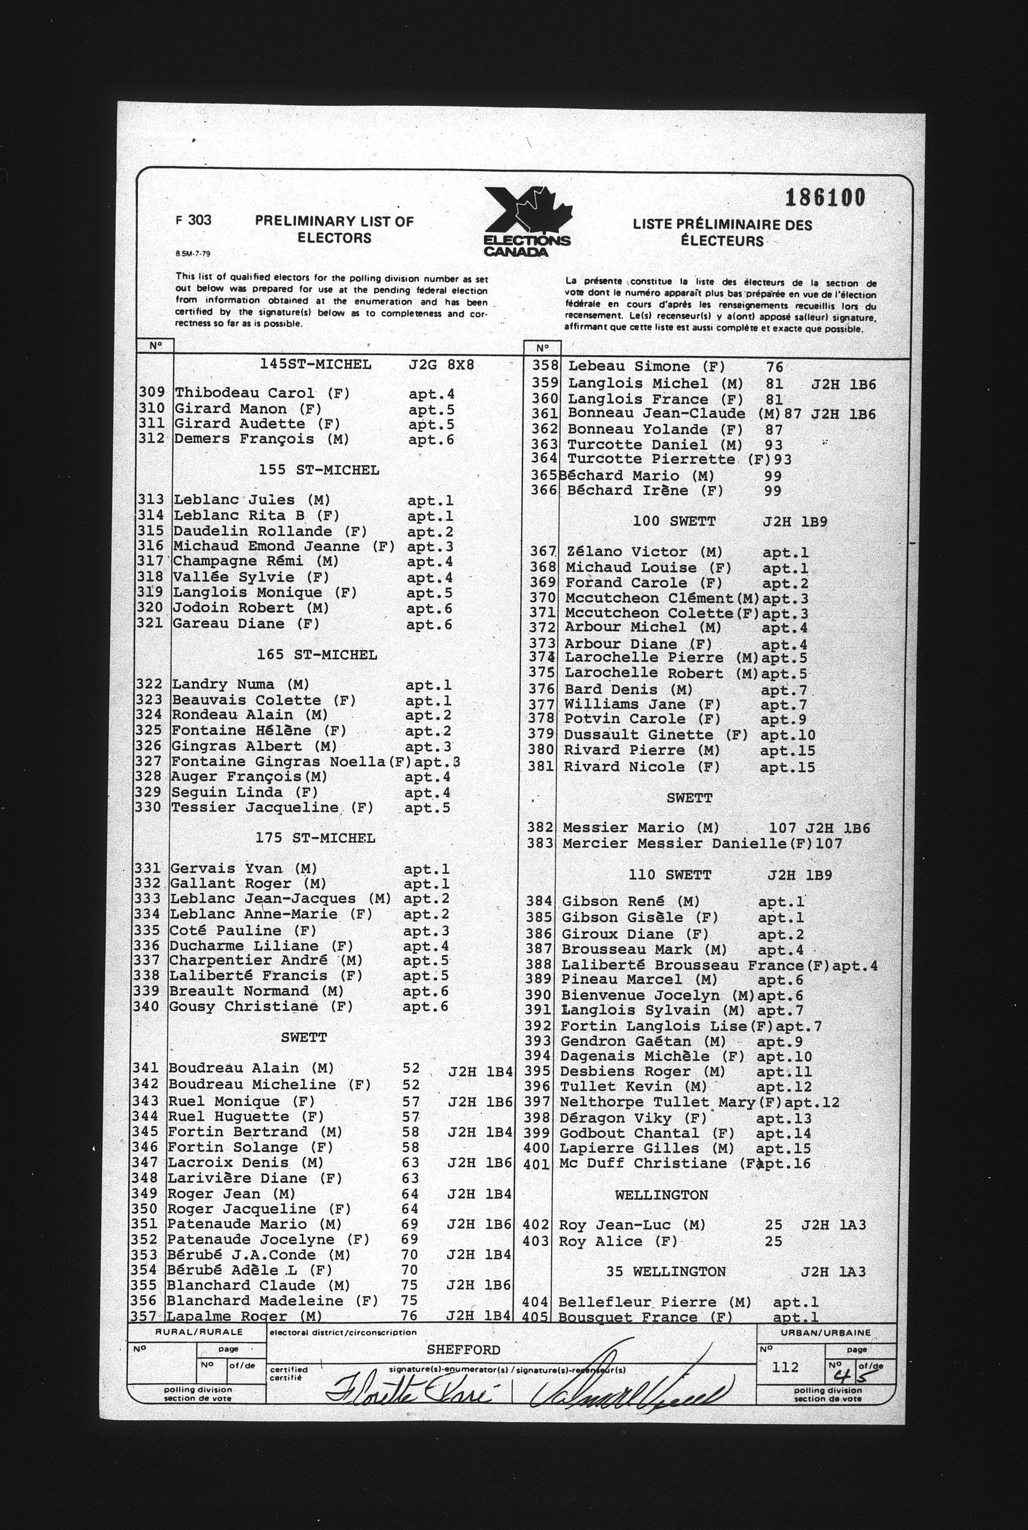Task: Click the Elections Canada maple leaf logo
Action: tap(528, 222)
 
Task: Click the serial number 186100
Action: tap(825, 197)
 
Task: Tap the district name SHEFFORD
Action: tap(463, 1350)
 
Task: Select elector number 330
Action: tap(148, 807)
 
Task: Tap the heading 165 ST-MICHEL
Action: tap(317, 655)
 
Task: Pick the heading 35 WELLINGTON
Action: tap(666, 1271)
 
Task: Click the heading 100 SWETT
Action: tap(674, 522)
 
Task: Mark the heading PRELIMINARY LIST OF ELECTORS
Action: tap(335, 229)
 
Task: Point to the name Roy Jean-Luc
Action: tap(619, 1225)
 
